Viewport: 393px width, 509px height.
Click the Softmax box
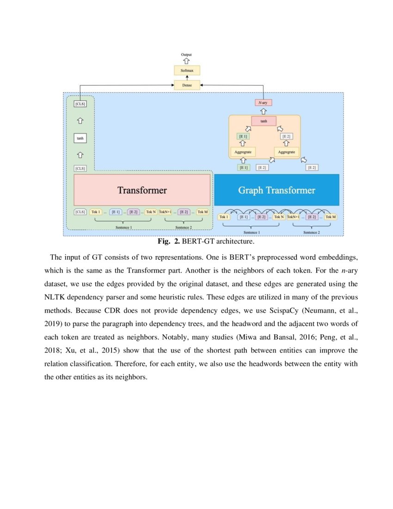[x=187, y=71]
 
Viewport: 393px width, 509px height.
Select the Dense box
[x=187, y=85]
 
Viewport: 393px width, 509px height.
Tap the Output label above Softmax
[x=187, y=55]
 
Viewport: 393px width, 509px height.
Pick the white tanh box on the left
[x=80, y=138]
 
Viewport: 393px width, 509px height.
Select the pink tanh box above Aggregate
[x=264, y=121]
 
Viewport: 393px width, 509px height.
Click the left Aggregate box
[x=242, y=151]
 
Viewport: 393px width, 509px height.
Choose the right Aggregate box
[x=287, y=151]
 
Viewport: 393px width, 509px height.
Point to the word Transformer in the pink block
[x=142, y=190]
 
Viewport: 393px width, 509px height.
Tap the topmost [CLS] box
[x=80, y=104]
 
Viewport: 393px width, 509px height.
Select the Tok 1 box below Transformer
[x=96, y=212]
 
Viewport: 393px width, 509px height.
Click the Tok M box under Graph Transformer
[x=331, y=216]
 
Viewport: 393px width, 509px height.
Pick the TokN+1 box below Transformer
[x=165, y=212]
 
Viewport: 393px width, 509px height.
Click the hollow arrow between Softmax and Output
[x=187, y=62]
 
